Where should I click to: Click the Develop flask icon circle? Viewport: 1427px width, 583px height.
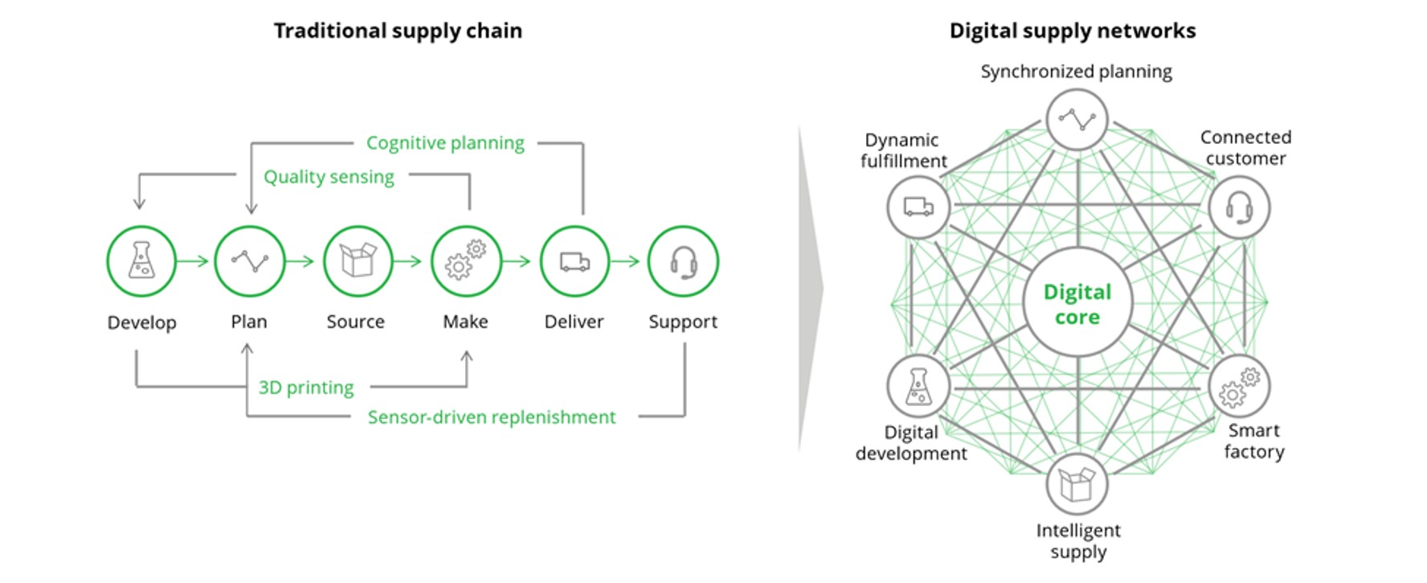click(141, 261)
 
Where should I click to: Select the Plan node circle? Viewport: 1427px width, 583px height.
click(250, 261)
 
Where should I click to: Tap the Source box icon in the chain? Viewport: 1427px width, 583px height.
click(358, 261)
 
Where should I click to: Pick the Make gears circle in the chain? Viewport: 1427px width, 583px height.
click(466, 261)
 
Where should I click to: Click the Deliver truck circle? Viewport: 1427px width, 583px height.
click(574, 261)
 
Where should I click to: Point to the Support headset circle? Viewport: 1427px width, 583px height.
click(683, 261)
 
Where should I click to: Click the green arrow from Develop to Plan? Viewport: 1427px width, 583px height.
click(193, 261)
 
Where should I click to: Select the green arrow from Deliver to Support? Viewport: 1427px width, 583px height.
click(625, 261)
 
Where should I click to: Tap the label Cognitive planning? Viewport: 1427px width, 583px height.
click(445, 143)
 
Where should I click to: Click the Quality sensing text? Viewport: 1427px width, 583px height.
click(329, 177)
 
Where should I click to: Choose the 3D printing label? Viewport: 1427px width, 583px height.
click(306, 388)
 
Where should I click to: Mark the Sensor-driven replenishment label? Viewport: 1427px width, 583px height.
click(492, 417)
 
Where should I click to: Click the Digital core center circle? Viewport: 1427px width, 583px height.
click(1077, 303)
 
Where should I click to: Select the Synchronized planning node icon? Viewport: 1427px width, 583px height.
click(1077, 121)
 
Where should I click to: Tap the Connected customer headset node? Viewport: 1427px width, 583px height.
click(1239, 207)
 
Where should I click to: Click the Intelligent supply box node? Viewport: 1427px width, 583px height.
click(1077, 484)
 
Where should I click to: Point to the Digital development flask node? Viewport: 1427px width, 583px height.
click(918, 386)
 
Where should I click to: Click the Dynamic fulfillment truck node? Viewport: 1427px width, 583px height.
click(918, 207)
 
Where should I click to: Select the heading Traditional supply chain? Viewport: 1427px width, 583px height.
click(398, 31)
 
